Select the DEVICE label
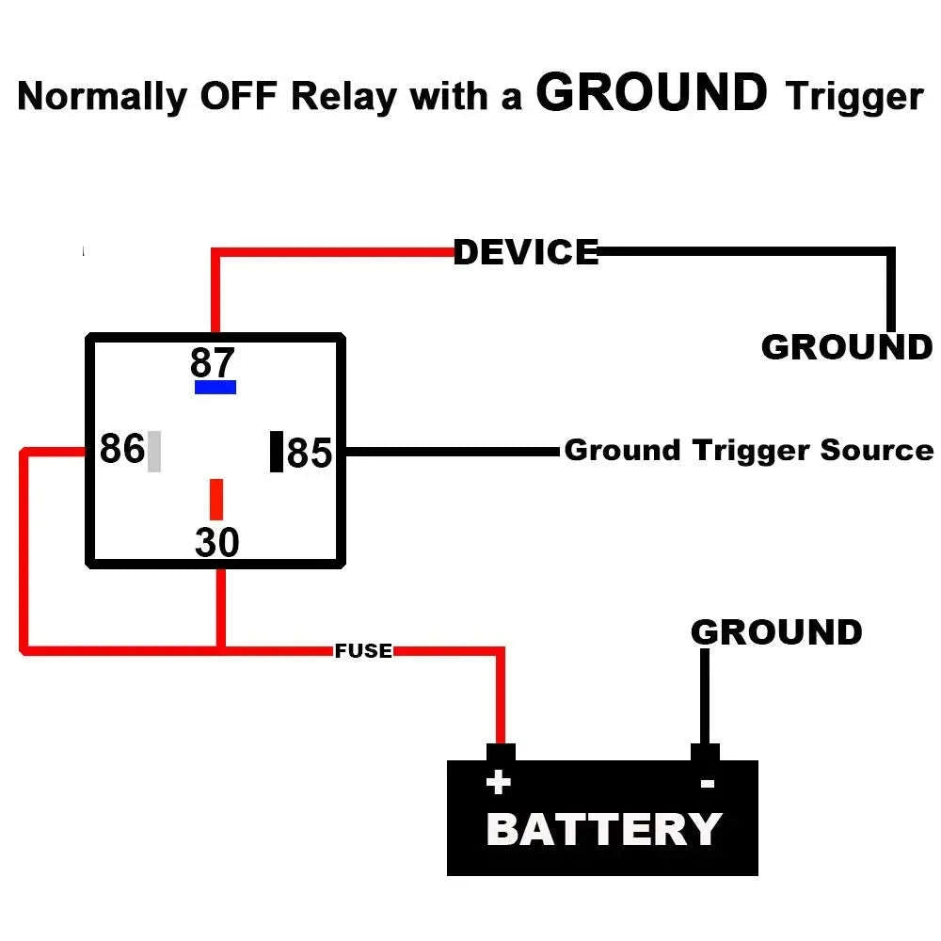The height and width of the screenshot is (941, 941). tap(526, 252)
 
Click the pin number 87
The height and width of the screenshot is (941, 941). tap(213, 362)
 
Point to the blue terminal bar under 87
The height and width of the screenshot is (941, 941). tap(215, 387)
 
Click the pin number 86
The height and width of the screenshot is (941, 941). tap(121, 450)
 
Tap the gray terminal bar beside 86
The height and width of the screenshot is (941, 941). tap(154, 451)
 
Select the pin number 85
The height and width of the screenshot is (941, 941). tap(310, 454)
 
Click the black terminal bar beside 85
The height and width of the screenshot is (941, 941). tap(277, 451)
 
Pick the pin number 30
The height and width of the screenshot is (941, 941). tap(217, 543)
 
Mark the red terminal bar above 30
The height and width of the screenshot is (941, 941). tap(216, 499)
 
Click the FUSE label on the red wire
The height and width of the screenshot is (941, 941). tap(363, 650)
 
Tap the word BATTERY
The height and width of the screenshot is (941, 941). tap(603, 830)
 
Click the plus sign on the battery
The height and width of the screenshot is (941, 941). tap(498, 782)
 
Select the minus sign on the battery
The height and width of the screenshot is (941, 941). tap(707, 783)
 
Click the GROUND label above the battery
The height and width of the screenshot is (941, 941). tap(776, 632)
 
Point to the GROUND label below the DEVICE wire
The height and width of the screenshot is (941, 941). tap(846, 347)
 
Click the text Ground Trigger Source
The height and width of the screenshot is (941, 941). tap(748, 450)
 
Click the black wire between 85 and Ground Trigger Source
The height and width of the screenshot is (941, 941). tap(452, 452)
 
